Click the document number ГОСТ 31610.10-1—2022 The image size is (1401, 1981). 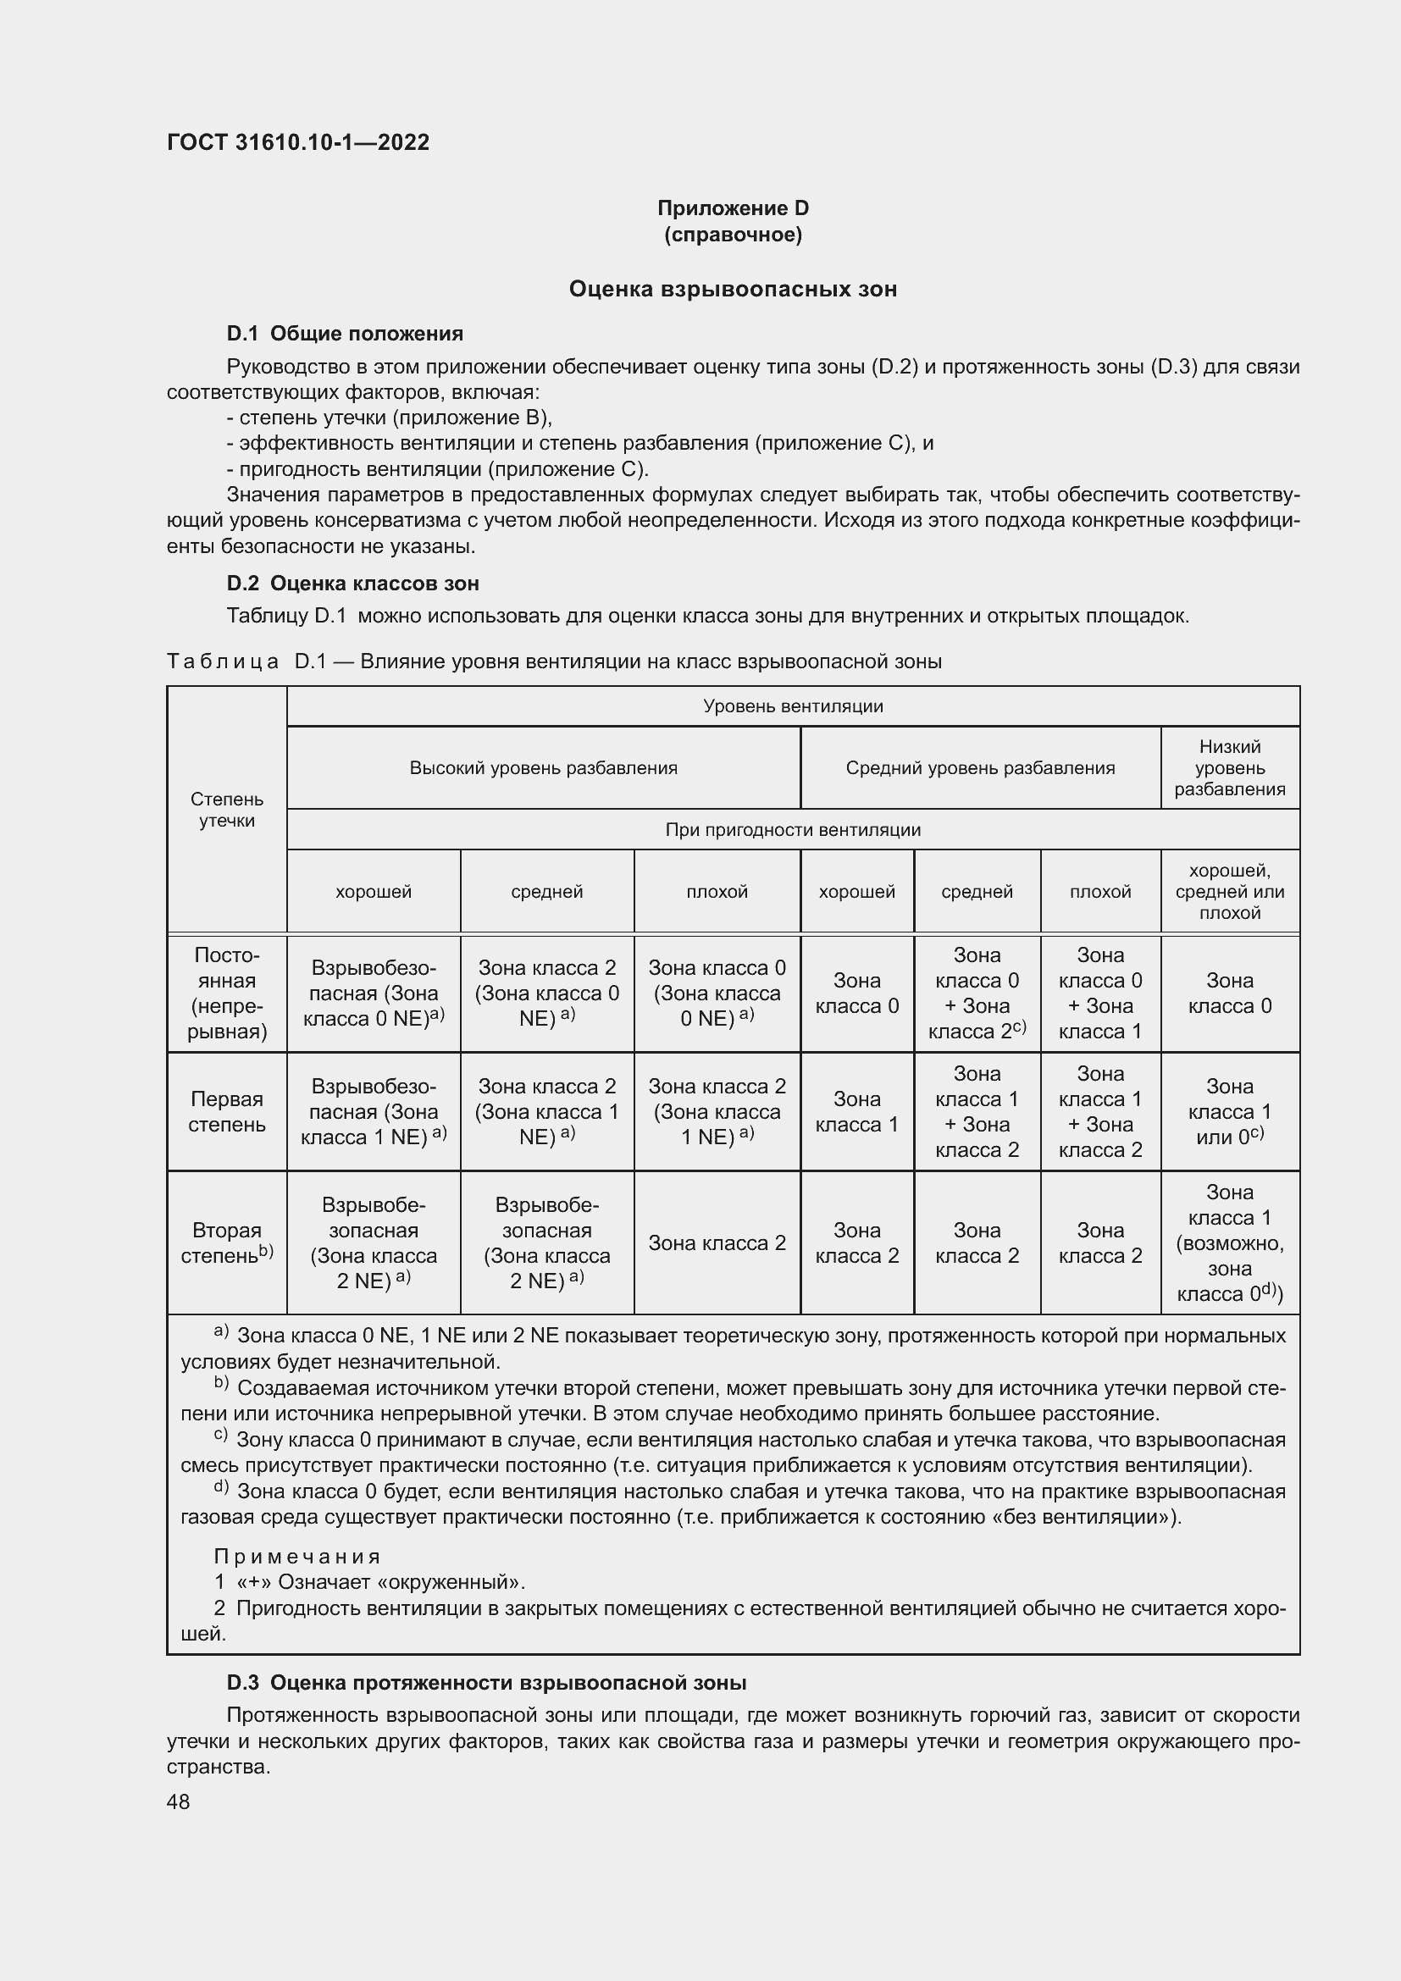297,142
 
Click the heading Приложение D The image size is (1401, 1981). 733,208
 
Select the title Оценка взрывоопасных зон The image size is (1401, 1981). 733,289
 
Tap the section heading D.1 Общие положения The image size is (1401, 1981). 344,334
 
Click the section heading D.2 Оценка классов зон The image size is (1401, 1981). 353,584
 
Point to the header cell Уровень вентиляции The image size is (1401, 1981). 792,706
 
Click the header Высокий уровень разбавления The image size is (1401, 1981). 543,767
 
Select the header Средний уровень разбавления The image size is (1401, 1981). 979,767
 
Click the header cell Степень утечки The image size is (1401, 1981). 227,810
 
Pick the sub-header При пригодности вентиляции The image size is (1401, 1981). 792,829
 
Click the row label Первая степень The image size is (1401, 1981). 227,1111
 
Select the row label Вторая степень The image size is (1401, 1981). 227,1242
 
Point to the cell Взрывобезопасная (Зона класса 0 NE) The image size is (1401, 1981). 374,993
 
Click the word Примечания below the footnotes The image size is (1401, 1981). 296,1557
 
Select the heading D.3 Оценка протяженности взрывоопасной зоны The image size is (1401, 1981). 486,1683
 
